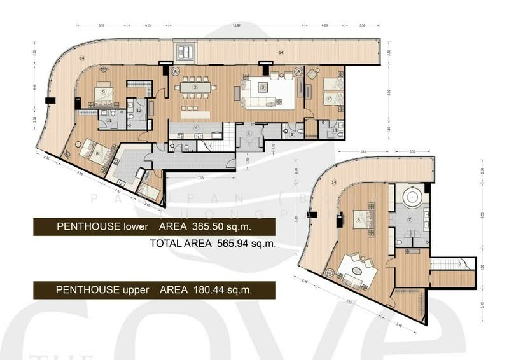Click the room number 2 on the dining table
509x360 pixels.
click(x=195, y=87)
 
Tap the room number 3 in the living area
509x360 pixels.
click(x=262, y=87)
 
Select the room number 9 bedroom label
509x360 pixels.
click(x=102, y=92)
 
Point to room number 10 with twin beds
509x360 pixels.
click(x=329, y=99)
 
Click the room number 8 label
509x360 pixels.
click(x=97, y=153)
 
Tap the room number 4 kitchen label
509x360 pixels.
click(x=197, y=128)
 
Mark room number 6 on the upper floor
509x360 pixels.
click(x=358, y=220)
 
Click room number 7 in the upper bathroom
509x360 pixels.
click(x=410, y=220)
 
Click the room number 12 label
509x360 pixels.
click(x=139, y=109)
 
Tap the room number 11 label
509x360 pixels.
click(x=109, y=120)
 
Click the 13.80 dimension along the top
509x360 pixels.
click(x=236, y=25)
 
